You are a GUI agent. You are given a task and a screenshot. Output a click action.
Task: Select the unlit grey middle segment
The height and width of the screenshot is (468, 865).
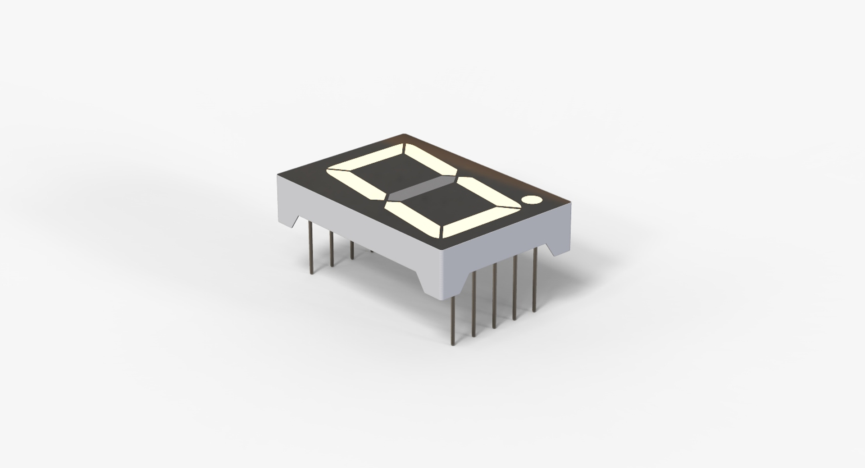(x=422, y=188)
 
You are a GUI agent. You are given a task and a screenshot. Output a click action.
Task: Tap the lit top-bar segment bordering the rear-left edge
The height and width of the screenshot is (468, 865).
(x=366, y=161)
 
